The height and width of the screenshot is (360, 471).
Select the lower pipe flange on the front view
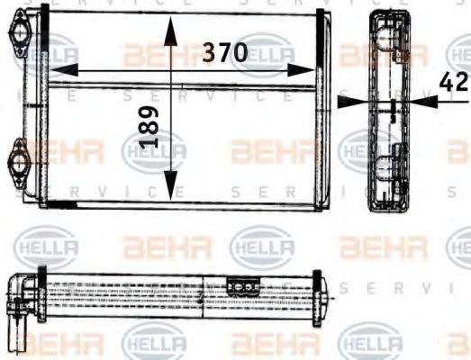click(19, 163)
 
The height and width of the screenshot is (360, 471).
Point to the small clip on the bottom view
click(242, 287)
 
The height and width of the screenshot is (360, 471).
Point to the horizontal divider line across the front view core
click(180, 87)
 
